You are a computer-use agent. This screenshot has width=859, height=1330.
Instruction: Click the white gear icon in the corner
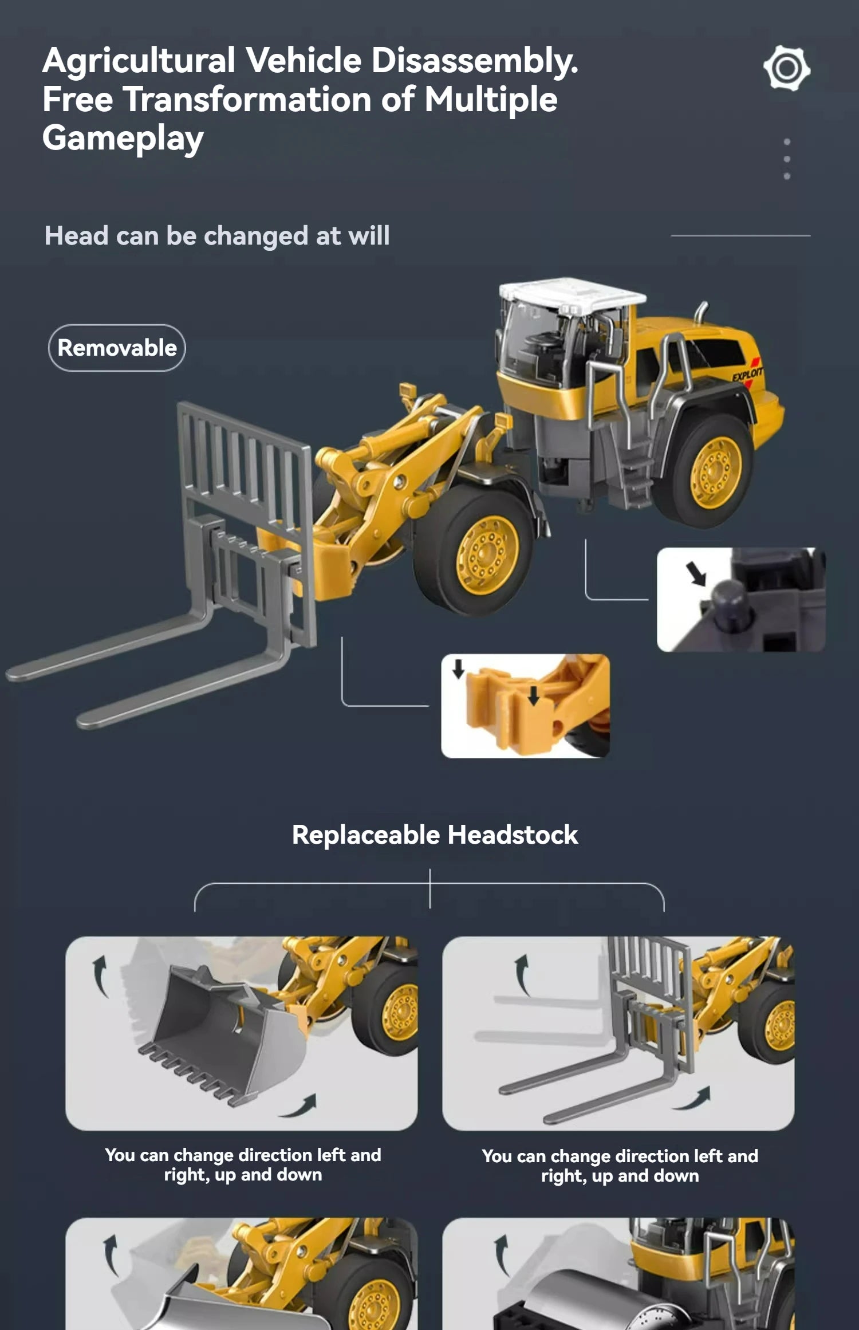787,68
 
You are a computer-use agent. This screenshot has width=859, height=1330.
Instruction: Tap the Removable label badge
117,348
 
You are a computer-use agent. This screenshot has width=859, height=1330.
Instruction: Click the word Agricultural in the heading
139,60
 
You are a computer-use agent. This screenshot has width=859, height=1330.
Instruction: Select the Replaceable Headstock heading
435,835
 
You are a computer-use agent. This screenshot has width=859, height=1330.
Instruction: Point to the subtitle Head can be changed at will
217,235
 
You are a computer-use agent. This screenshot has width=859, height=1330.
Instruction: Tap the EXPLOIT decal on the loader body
747,374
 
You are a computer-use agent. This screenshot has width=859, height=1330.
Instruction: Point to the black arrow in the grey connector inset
696,573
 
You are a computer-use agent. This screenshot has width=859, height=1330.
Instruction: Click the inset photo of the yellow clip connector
525,706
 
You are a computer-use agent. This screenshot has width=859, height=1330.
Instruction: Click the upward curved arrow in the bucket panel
101,975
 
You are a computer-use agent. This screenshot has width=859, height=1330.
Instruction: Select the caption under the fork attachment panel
620,1166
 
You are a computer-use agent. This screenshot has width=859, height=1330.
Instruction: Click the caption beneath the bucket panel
243,1164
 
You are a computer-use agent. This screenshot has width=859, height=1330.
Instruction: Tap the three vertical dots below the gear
787,159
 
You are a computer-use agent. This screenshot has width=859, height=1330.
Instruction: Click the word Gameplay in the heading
123,139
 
